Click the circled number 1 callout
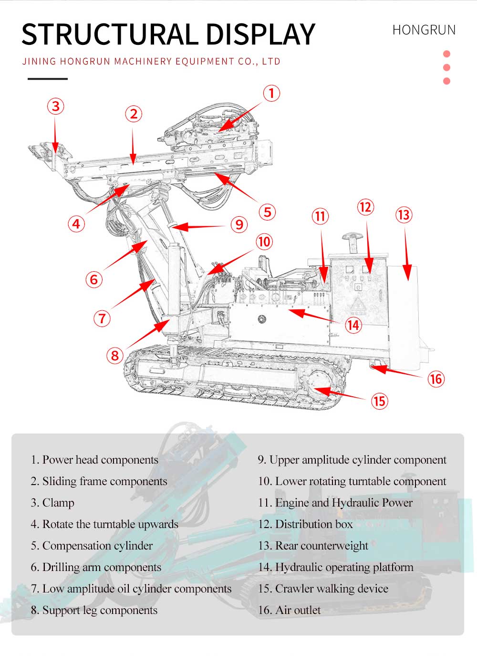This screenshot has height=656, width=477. coord(271,93)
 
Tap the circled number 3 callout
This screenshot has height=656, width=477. coord(56,106)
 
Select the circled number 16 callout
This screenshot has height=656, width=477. coord(436,379)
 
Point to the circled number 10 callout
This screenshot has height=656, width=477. coord(264,242)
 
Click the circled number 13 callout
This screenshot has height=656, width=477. coord(404,215)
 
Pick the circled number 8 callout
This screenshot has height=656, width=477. coord(114,355)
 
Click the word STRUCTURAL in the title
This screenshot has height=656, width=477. coord(108,34)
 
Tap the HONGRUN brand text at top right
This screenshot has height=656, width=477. coord(424,30)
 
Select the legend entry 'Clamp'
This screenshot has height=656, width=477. coord(52,503)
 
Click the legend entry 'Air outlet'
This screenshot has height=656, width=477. coord(289,610)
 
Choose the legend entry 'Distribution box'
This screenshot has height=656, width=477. coord(305,524)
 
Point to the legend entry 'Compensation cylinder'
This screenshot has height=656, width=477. coord(92,546)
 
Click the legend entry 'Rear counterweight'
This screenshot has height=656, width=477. coord(313,546)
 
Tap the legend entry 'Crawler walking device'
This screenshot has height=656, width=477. coord(323,589)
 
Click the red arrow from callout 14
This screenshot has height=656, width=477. coord(315,317)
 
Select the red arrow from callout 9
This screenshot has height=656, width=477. coord(200,226)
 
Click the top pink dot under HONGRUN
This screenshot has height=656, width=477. coord(446,54)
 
